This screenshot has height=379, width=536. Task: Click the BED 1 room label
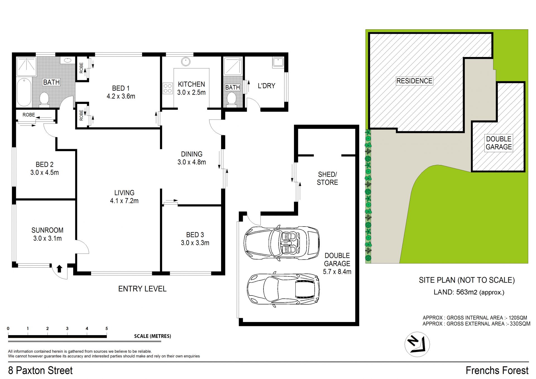[x=121, y=92]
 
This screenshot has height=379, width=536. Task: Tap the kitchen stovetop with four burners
[x=168, y=88]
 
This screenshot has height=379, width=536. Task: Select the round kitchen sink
[x=186, y=61]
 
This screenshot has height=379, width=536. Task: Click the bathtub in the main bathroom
[x=24, y=92]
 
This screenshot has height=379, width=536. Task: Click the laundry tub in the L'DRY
[x=278, y=62]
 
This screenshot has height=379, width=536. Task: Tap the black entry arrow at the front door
[x=59, y=269]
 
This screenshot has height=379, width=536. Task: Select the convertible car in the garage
[x=282, y=243]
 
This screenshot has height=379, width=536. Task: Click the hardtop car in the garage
[x=283, y=289]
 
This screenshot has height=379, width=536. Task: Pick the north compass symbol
[x=417, y=344]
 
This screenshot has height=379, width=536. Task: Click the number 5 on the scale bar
[x=107, y=328]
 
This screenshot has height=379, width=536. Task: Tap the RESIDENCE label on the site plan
[x=414, y=81]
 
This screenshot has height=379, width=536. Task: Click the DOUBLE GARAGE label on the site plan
[x=499, y=143]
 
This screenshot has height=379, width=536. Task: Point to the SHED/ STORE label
[x=327, y=178]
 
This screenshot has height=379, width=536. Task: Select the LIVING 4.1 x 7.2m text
[x=124, y=197]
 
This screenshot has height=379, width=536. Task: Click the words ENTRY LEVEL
[x=142, y=289]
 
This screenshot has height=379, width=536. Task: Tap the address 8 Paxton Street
[x=40, y=370]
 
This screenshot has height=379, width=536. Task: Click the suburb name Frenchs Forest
[x=497, y=370]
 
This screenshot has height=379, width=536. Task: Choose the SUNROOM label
[x=47, y=230]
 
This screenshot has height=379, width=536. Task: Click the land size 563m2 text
[x=467, y=292]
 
